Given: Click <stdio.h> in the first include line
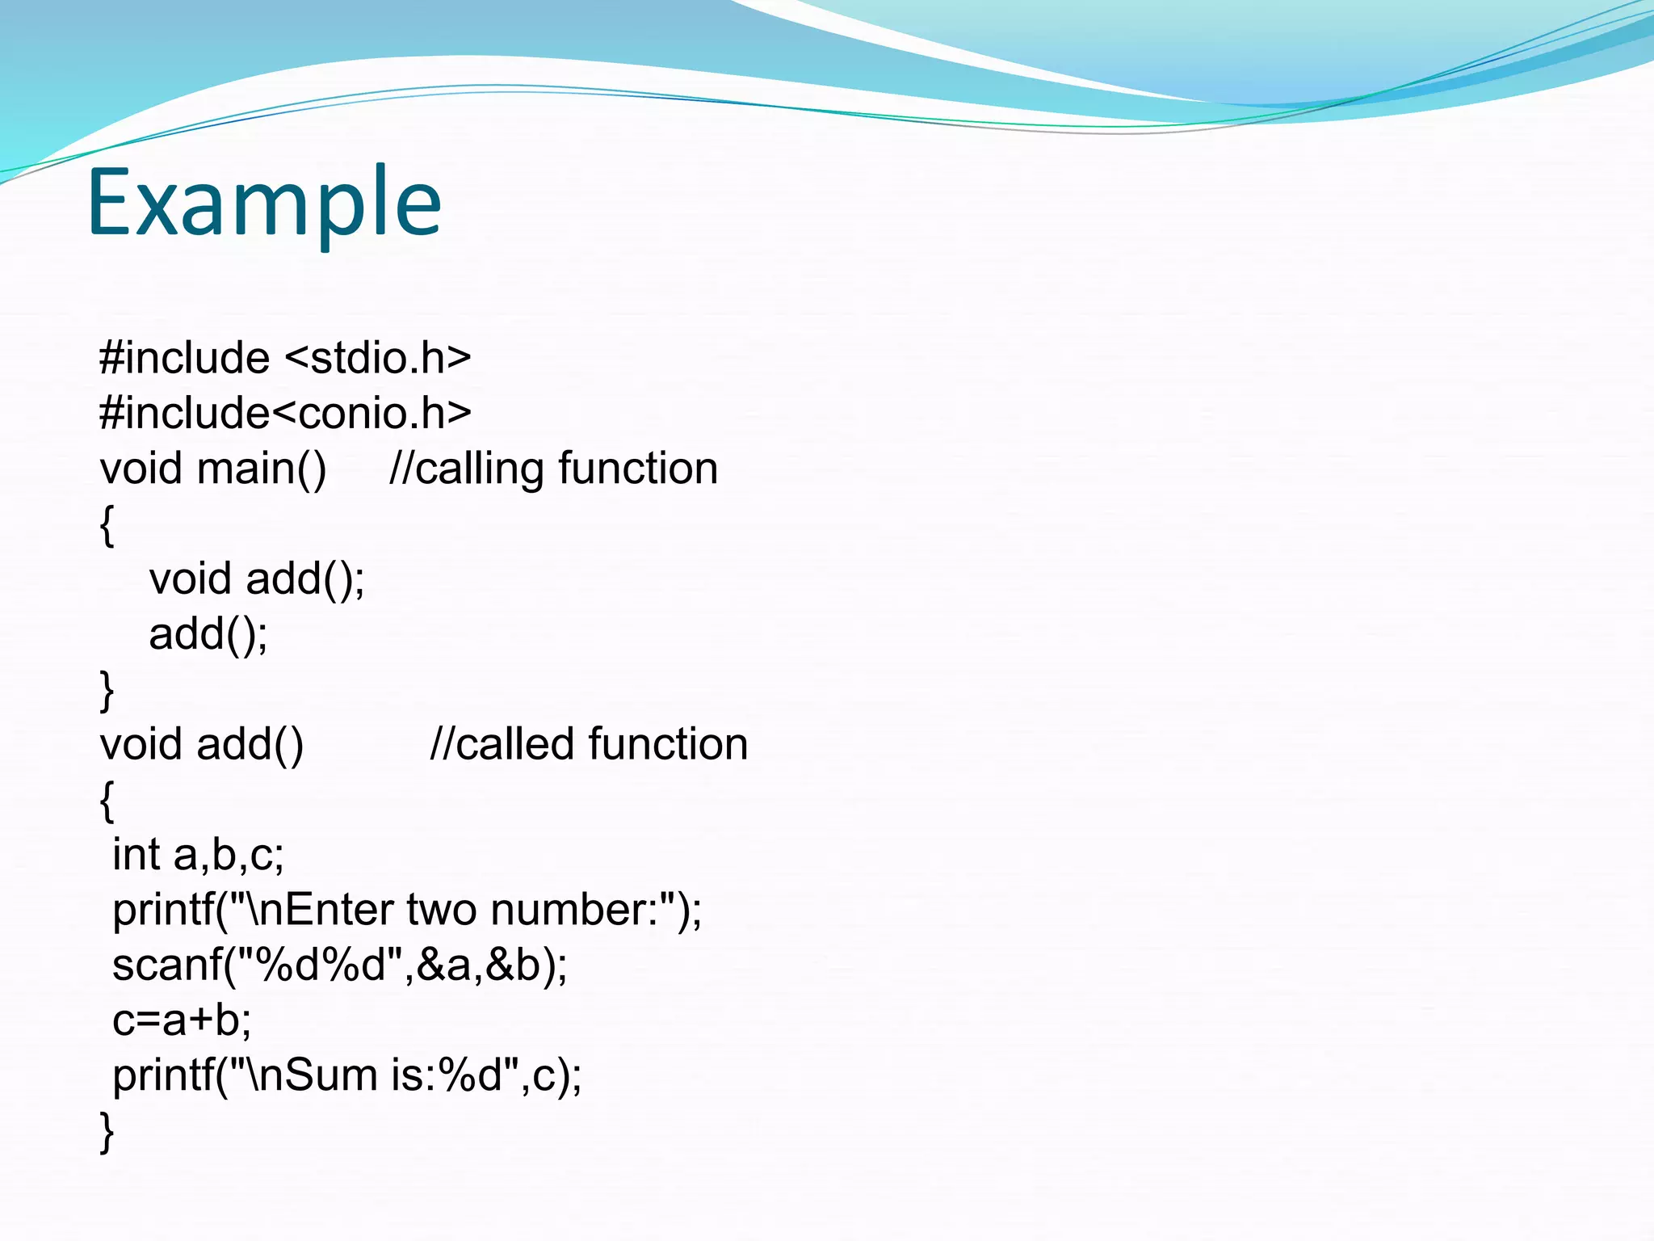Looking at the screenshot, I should coord(378,358).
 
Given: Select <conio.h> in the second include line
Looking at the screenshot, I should coord(372,413).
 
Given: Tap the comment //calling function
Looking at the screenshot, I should coord(553,469).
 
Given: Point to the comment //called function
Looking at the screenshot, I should coord(588,744).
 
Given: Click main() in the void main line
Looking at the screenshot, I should coord(262,469).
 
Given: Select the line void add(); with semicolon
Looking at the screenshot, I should coord(257,578).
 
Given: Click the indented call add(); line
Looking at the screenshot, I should coord(208,634).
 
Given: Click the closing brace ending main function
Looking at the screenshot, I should coord(107,690).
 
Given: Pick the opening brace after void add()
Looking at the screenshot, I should coord(107,800).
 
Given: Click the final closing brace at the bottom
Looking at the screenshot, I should coord(107,1130).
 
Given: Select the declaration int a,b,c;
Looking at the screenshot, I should coord(198,855).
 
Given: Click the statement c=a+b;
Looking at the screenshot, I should coord(182,1020).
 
